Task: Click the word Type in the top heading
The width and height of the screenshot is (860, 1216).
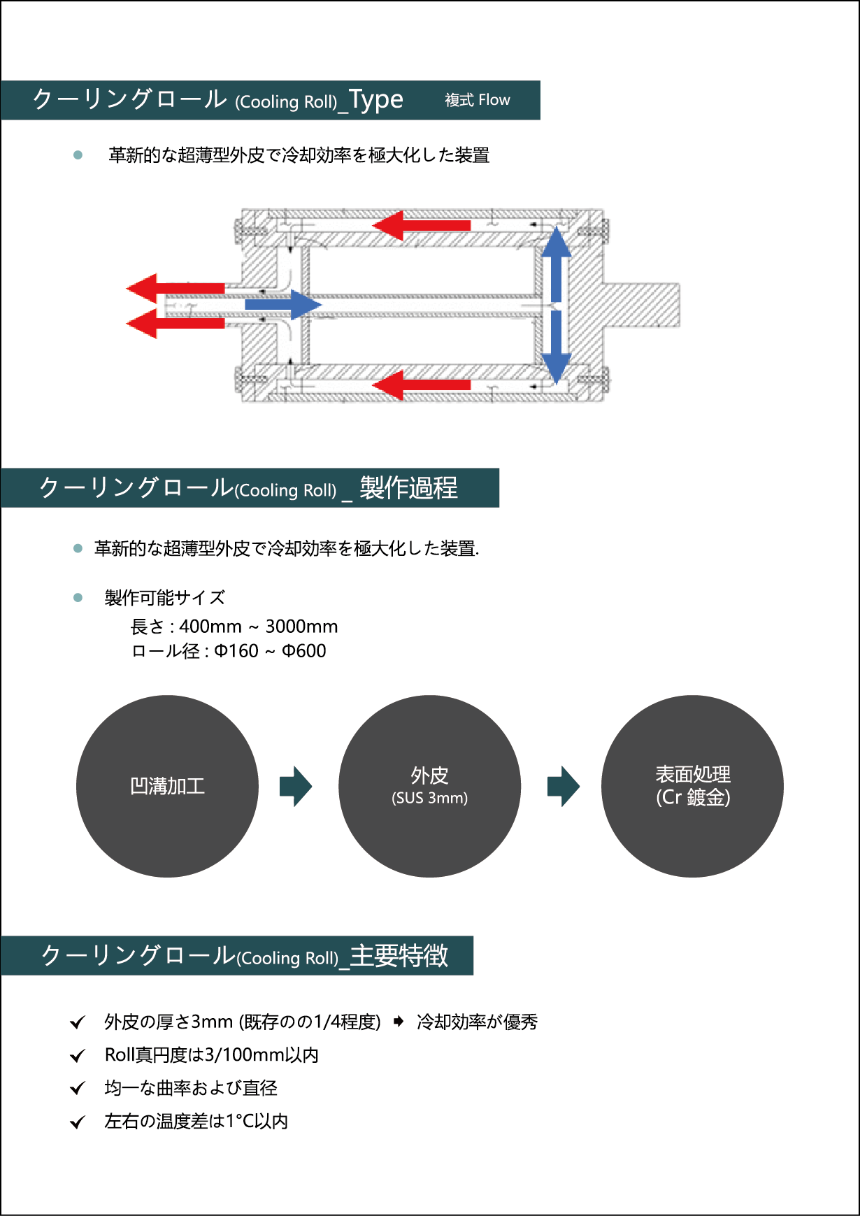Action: tap(376, 100)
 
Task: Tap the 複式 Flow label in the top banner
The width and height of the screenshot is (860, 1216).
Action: tap(478, 100)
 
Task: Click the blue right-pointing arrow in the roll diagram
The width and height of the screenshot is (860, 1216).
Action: tap(282, 305)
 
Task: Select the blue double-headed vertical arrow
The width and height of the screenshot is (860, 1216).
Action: tap(557, 305)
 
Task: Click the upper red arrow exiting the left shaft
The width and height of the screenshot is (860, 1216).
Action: tap(175, 288)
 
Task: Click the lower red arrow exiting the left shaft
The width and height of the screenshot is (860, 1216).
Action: tap(175, 324)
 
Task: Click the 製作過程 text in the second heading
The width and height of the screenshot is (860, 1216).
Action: tap(408, 488)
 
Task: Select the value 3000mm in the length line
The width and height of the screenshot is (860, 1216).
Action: tap(301, 627)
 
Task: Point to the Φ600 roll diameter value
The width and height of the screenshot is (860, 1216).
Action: tap(303, 651)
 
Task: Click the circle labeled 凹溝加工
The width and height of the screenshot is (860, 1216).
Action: tap(167, 786)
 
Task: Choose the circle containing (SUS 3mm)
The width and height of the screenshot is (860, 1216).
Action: tap(429, 786)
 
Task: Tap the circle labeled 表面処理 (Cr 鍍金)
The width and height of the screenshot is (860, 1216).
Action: tap(692, 786)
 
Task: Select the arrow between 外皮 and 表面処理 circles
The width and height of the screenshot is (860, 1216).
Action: tap(564, 786)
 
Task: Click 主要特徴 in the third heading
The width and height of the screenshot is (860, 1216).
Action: tap(399, 956)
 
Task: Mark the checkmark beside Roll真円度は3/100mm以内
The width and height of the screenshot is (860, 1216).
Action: tap(78, 1055)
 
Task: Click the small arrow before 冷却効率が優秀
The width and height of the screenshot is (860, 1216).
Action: tap(399, 1022)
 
